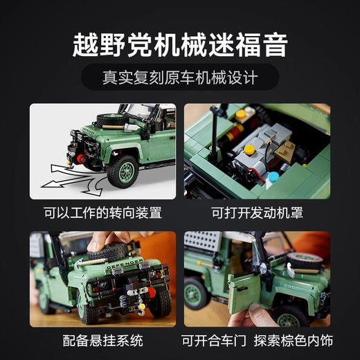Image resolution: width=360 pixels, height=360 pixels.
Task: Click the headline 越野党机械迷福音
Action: click(x=180, y=44)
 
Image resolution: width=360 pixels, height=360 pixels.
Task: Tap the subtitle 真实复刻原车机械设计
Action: click(x=180, y=77)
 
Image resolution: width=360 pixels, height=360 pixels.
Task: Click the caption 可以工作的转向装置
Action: click(x=102, y=211)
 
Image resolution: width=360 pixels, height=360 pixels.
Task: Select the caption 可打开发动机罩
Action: click(x=257, y=211)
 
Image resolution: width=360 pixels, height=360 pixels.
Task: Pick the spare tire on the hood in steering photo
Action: click(x=111, y=120)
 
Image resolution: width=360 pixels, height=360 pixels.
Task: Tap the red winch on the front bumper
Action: click(x=82, y=160)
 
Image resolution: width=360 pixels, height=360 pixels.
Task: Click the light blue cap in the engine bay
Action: click(x=273, y=177)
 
